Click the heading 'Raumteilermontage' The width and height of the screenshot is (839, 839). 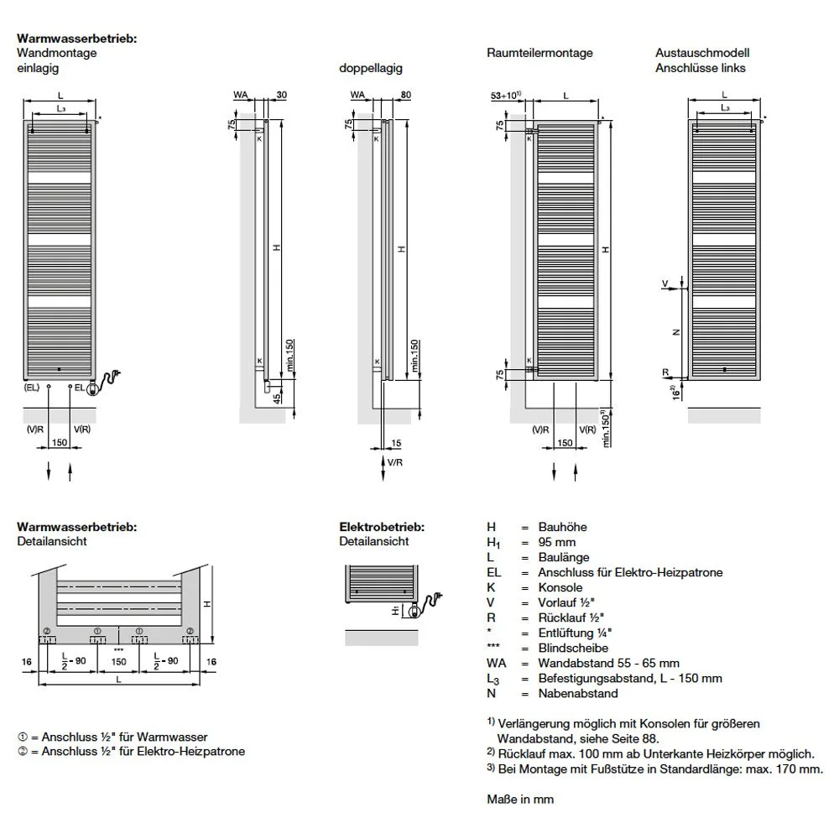click(539, 53)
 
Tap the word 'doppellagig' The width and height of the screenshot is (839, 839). click(364, 68)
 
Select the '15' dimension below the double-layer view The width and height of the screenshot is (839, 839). click(397, 442)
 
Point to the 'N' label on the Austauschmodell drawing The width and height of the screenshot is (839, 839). click(675, 331)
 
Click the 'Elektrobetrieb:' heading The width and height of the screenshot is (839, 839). click(381, 527)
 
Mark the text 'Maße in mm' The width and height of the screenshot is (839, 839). click(520, 800)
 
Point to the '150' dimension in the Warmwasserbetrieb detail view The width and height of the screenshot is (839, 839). click(119, 662)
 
